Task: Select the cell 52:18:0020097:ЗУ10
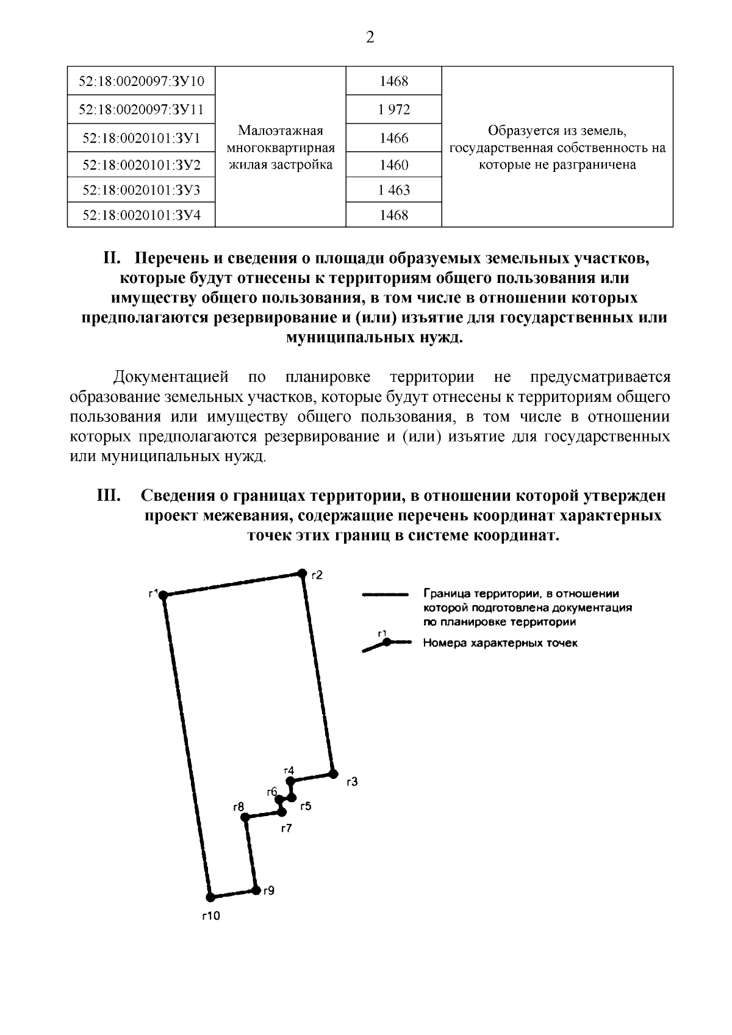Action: [142, 81]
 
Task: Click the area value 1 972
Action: [393, 110]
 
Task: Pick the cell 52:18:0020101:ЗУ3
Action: [142, 190]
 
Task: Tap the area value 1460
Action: [393, 165]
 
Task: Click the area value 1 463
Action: [393, 190]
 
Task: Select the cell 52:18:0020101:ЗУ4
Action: [142, 215]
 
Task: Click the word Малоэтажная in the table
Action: [280, 131]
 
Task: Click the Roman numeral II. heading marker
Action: [113, 259]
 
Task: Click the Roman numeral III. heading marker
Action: [109, 496]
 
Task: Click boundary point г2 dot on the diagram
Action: [301, 573]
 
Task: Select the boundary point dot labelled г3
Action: [333, 774]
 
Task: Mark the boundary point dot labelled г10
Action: [210, 897]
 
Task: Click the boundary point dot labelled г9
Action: [256, 890]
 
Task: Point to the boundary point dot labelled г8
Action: [244, 817]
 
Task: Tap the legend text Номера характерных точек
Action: [500, 643]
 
